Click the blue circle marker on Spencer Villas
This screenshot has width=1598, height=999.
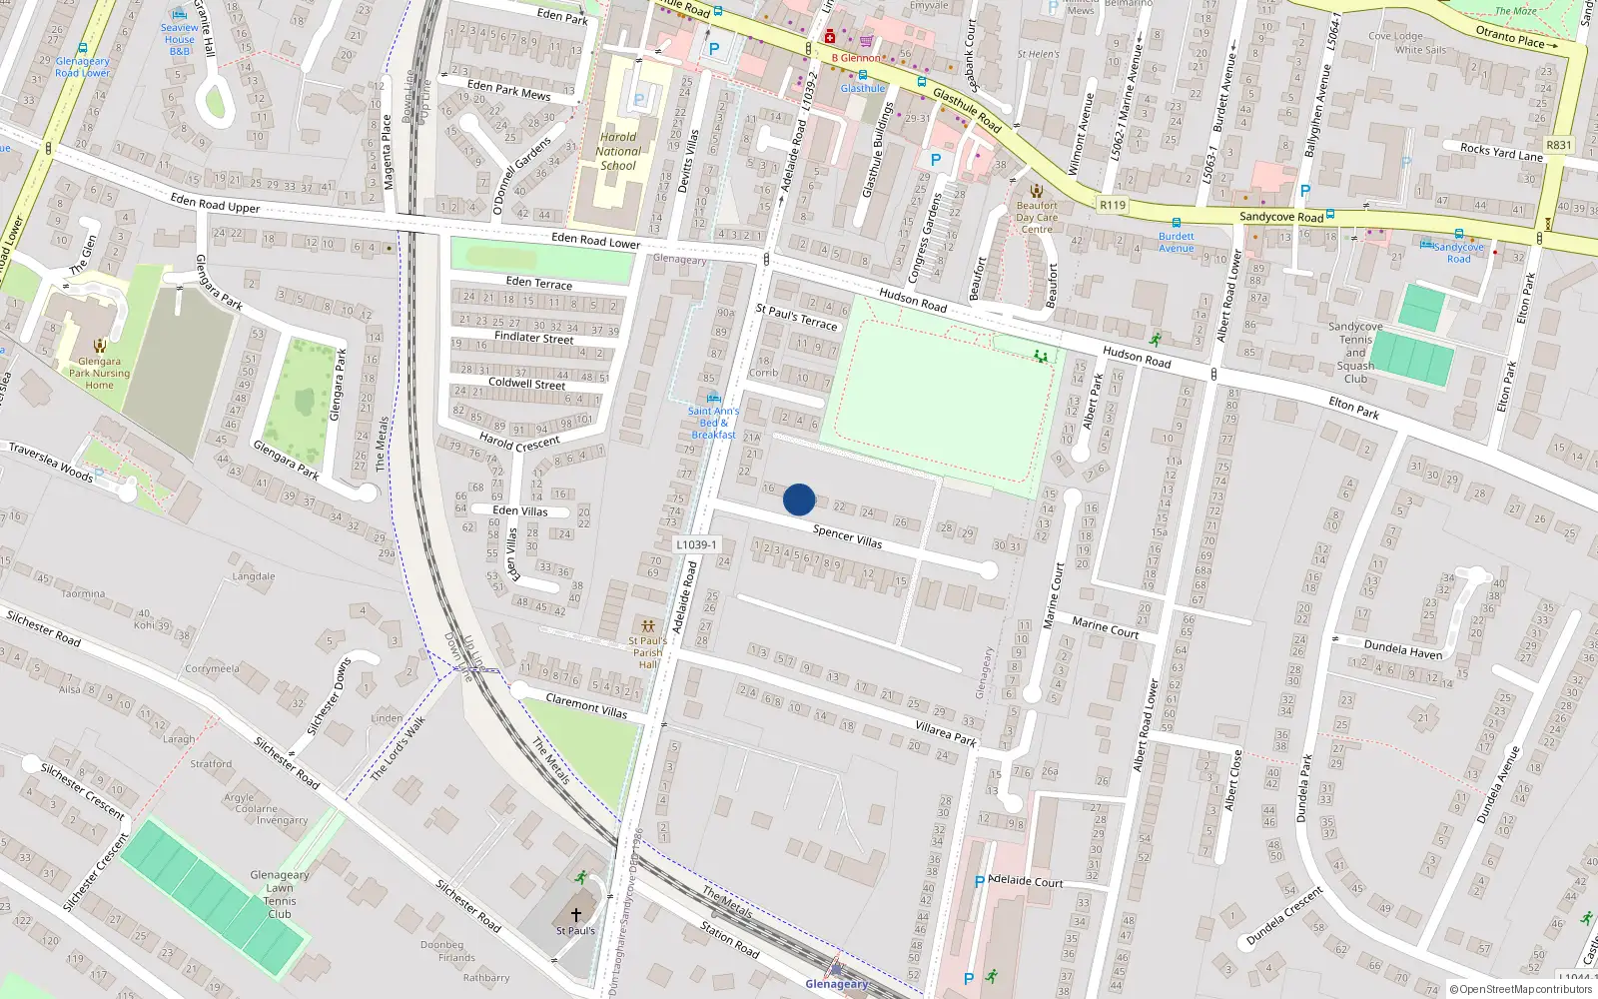(799, 499)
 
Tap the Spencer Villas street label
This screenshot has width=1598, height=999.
(847, 536)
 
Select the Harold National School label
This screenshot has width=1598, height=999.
(618, 152)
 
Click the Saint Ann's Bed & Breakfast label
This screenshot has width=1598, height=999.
(713, 423)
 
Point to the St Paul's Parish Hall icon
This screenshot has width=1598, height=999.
(648, 626)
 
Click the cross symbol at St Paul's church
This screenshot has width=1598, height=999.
(576, 914)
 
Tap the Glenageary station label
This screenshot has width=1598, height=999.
(837, 984)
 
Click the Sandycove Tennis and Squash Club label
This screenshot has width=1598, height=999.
(1355, 353)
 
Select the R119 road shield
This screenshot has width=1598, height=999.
(1112, 205)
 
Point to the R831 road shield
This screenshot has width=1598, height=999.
(1558, 145)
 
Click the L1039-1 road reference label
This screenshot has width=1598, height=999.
(696, 544)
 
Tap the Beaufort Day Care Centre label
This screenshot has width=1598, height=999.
(1037, 217)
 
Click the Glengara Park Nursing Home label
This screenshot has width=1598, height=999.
(99, 373)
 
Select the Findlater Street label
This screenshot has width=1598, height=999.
(533, 338)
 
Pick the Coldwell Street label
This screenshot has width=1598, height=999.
(526, 384)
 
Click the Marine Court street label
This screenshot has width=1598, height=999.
(1105, 626)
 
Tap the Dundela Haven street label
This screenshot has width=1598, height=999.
(1403, 649)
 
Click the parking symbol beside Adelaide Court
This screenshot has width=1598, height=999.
(979, 882)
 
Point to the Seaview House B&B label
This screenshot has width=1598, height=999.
(180, 39)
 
